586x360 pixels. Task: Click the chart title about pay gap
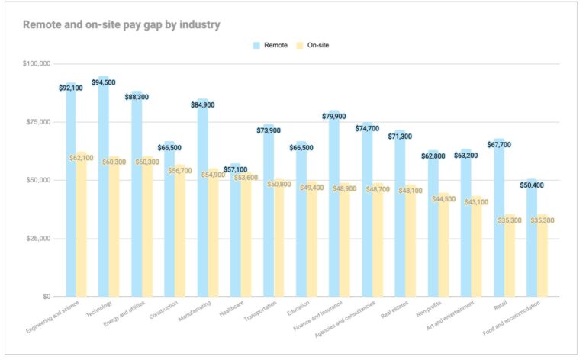tap(121, 24)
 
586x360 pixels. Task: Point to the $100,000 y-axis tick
tap(37, 63)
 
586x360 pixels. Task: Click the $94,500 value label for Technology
tap(105, 82)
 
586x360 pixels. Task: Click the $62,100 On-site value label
tap(82, 158)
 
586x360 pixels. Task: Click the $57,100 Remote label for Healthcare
tap(235, 169)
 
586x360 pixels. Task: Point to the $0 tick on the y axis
tap(43, 297)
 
